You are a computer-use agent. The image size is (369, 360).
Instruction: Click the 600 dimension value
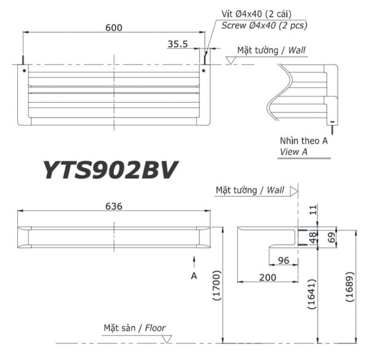pos(113,27)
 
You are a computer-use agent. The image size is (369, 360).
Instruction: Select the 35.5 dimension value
pos(177,44)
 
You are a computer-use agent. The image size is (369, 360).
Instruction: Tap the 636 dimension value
pos(113,206)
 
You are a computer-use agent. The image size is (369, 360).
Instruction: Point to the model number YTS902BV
pos(111,169)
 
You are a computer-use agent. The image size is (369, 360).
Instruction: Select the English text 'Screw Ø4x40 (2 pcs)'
pos(264,25)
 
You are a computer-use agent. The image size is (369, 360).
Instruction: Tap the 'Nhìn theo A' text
pos(304,141)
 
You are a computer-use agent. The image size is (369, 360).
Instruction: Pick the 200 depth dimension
pos(268,277)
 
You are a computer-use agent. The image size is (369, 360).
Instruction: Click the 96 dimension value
pos(283,260)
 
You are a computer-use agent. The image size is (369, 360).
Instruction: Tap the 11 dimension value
pos(314,210)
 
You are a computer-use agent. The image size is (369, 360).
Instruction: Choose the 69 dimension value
pos(333,237)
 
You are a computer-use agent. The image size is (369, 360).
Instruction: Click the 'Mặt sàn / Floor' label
pos(134,328)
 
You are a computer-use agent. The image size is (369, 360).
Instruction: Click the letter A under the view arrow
pos(194,276)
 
